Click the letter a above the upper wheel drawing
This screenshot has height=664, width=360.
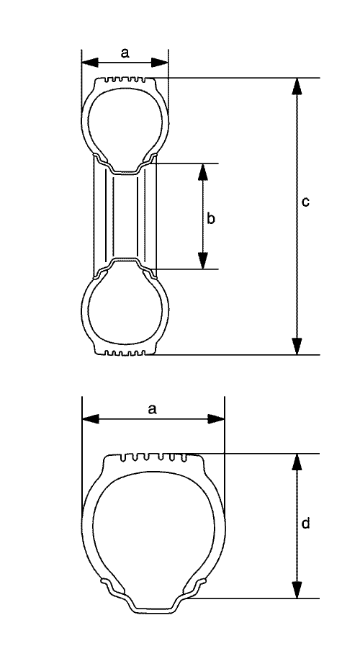(125, 53)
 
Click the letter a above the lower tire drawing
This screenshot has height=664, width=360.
(153, 409)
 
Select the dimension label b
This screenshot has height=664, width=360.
(211, 218)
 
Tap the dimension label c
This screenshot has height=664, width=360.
(305, 202)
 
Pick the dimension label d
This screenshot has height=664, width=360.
(305, 524)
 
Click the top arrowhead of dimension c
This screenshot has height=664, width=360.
(297, 86)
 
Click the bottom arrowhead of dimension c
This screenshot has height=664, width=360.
(297, 346)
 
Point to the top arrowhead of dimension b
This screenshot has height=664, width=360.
(203, 172)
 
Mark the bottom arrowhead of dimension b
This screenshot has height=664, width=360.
(203, 261)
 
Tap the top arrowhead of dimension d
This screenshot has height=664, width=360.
(297, 462)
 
